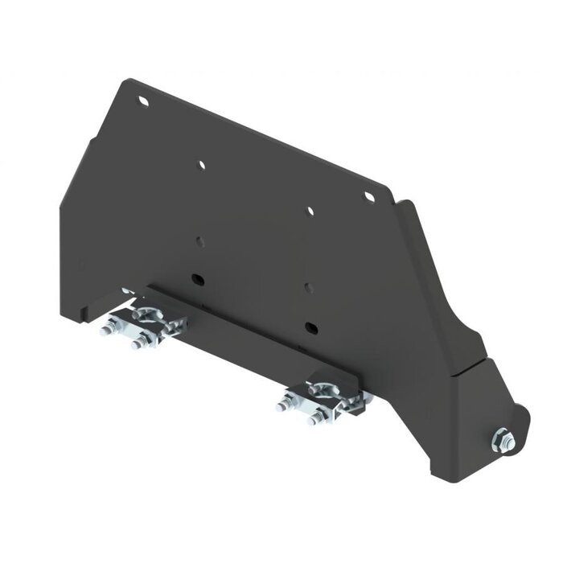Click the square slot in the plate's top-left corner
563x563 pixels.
pyautogui.click(x=143, y=101)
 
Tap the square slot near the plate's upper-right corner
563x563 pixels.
pyautogui.click(x=369, y=196)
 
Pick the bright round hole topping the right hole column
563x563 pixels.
pyautogui.click(x=310, y=211)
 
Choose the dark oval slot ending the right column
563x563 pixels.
pyautogui.click(x=310, y=326)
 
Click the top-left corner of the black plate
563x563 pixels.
pyautogui.click(x=125, y=80)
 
